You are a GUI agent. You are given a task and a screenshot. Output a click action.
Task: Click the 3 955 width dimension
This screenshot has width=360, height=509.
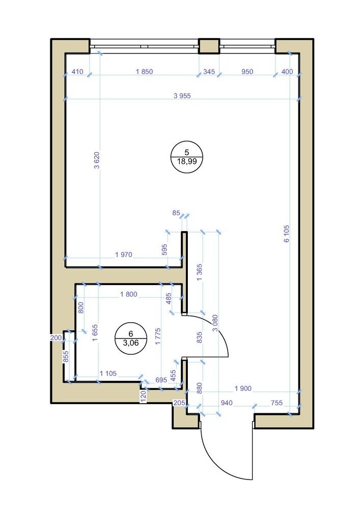(x=182, y=96)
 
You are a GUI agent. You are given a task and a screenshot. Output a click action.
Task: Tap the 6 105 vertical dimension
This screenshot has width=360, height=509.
(x=286, y=234)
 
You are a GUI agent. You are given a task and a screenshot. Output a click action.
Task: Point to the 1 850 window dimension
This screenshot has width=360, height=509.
(x=145, y=71)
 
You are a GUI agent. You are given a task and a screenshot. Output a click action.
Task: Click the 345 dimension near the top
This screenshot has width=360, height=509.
(x=209, y=71)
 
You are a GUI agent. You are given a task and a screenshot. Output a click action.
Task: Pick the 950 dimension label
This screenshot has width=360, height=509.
(x=247, y=71)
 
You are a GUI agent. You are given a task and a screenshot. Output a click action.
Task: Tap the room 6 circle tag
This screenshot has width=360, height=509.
(x=131, y=338)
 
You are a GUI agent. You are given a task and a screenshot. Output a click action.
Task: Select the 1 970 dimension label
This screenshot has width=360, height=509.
(x=124, y=254)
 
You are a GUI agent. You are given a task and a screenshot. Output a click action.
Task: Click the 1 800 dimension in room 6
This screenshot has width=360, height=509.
(x=128, y=294)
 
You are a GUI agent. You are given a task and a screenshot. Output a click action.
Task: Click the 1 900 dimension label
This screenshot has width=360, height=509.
(x=243, y=388)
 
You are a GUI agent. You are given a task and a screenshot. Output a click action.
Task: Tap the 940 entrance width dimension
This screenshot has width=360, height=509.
(x=227, y=403)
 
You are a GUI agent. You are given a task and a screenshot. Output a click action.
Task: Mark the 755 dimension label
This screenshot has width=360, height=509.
(x=276, y=403)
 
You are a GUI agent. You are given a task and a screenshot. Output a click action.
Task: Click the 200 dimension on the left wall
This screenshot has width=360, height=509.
(x=56, y=337)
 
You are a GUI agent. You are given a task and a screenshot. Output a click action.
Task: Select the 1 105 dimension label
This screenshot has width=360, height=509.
(x=108, y=373)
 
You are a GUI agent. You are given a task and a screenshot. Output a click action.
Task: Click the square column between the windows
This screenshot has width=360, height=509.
(x=209, y=46)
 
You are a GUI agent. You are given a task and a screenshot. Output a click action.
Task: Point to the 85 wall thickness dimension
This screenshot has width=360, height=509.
(x=176, y=213)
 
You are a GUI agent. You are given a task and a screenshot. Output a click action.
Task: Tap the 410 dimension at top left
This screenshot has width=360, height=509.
(x=77, y=71)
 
